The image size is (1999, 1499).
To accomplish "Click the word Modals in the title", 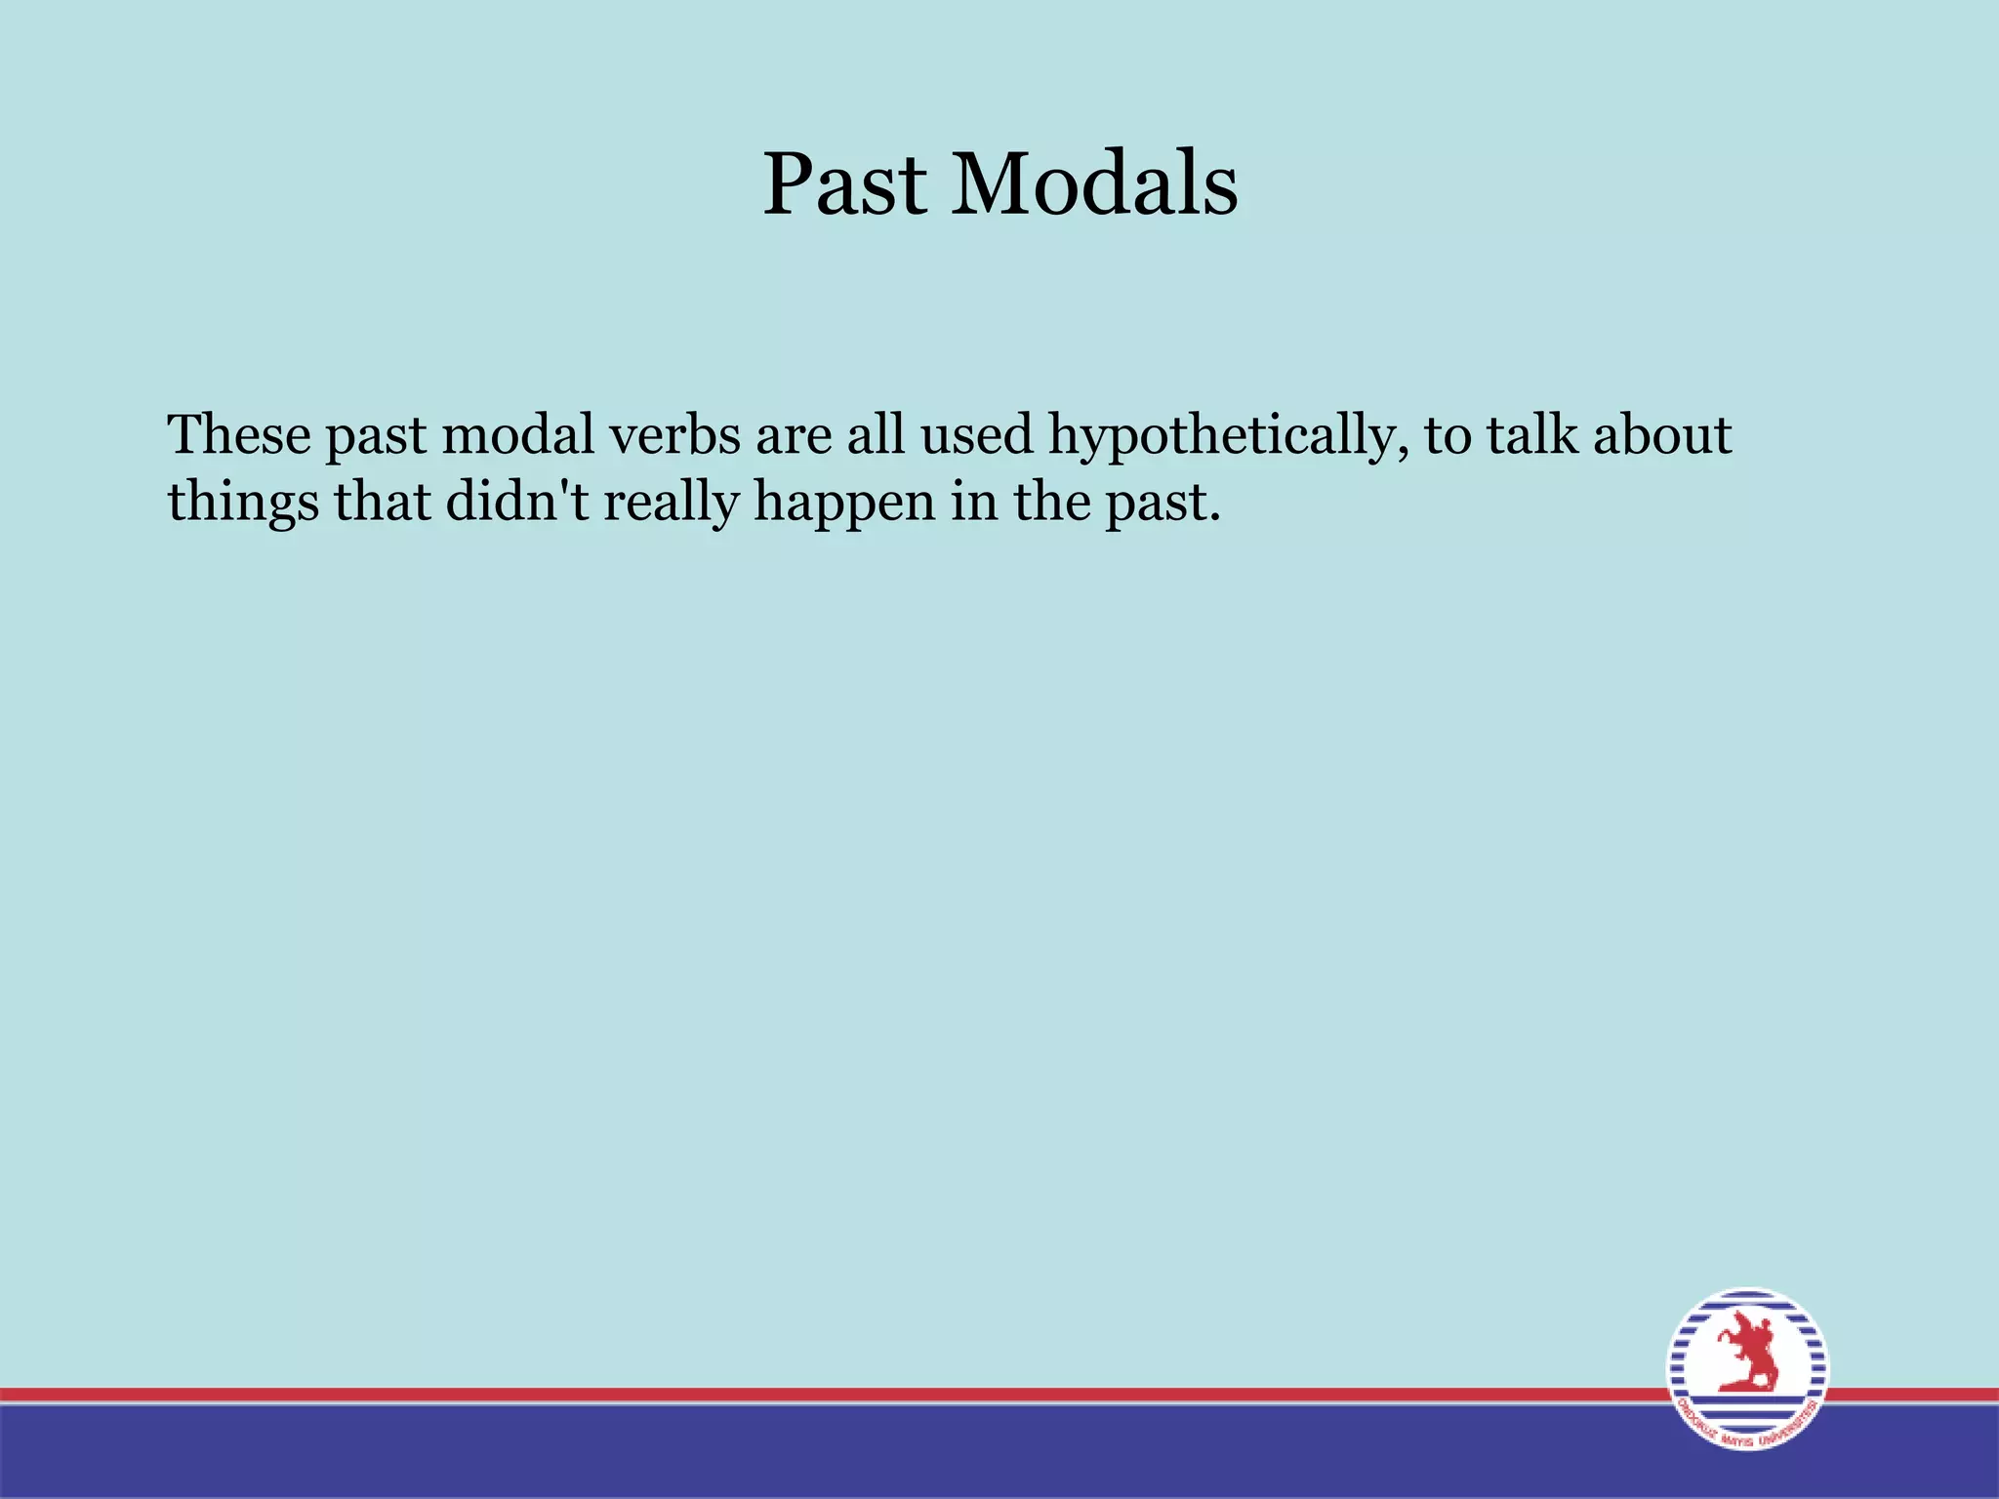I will pos(1094,185).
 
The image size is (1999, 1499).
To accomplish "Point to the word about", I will pos(1662,434).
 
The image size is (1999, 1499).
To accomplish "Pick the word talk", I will pos(1532,434).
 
